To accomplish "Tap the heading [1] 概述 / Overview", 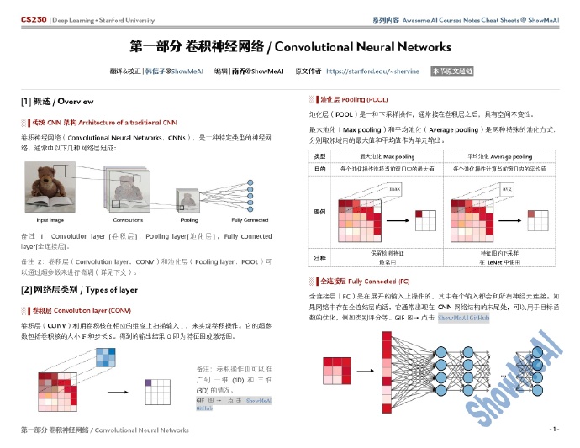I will click(x=57, y=102).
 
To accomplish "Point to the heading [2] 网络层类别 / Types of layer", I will click(x=79, y=290).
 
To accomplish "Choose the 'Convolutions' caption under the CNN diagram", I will click(x=128, y=219).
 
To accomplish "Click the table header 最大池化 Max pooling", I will click(x=387, y=156).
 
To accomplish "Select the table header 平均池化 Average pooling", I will click(x=499, y=156).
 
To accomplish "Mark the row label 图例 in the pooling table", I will click(x=319, y=211).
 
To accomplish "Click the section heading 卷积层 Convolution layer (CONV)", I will click(x=76, y=310).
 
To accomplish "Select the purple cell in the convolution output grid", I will click(x=150, y=382).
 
